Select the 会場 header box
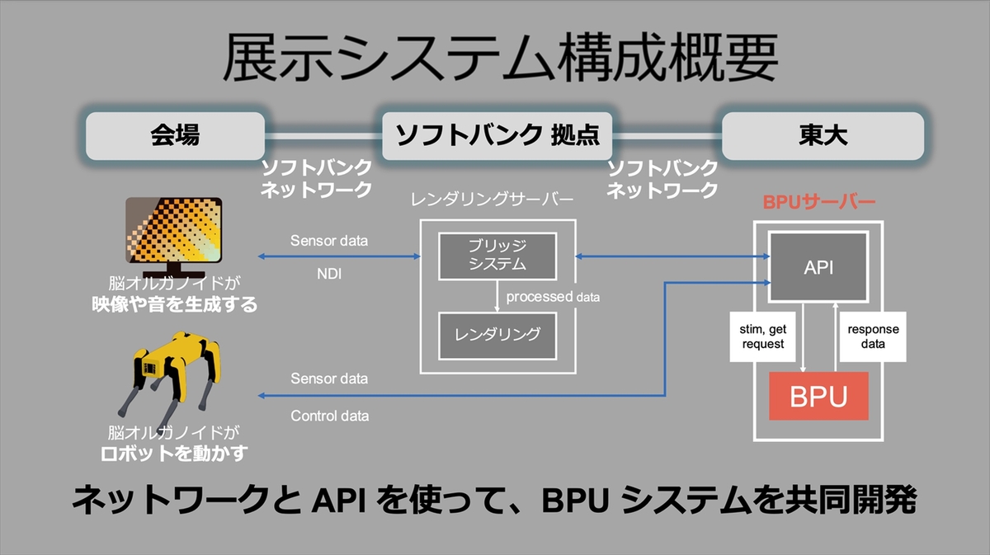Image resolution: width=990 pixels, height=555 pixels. [x=174, y=135]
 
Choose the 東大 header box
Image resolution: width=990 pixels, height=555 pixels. [x=823, y=135]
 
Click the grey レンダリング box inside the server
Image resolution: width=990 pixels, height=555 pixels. [x=497, y=335]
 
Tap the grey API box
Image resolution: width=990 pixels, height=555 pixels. [x=818, y=266]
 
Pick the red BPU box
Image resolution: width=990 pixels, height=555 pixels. [x=818, y=396]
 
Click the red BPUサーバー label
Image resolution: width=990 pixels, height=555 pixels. [x=817, y=200]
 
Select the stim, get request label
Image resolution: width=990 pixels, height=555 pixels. [x=765, y=336]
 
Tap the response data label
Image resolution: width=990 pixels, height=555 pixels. [x=873, y=336]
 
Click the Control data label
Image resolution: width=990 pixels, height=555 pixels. [x=330, y=416]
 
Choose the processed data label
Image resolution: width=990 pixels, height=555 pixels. [x=553, y=296]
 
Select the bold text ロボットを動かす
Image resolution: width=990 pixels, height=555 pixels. [x=174, y=453]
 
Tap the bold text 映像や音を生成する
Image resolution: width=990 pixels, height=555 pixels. [x=174, y=304]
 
